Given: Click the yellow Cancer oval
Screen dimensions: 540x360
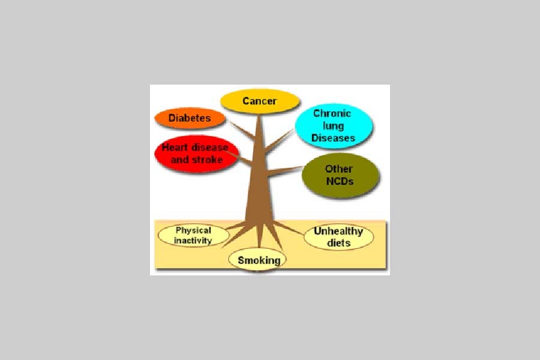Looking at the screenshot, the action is pyautogui.click(x=260, y=101).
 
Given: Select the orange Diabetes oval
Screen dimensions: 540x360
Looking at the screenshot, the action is pyautogui.click(x=190, y=118).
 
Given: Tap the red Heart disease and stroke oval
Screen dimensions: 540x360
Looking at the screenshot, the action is pyautogui.click(x=197, y=154).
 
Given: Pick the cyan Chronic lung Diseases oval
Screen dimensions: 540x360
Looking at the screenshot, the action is pyautogui.click(x=334, y=126).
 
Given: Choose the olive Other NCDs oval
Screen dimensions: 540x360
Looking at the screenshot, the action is pyautogui.click(x=340, y=175).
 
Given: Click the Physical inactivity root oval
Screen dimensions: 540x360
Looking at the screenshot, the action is pyautogui.click(x=194, y=236).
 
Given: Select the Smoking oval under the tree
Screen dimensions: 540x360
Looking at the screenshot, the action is pyautogui.click(x=257, y=260).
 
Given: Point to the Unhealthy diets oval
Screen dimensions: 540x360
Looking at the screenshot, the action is pyautogui.click(x=338, y=237).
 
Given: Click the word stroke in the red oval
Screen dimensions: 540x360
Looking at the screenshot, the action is pyautogui.click(x=207, y=160).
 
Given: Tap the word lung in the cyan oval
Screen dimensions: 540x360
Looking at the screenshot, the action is pyautogui.click(x=333, y=126).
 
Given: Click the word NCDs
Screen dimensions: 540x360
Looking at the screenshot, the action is pyautogui.click(x=340, y=181).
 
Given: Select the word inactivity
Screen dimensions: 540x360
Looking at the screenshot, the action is pyautogui.click(x=193, y=241).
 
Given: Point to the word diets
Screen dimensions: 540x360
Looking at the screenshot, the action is pyautogui.click(x=338, y=243).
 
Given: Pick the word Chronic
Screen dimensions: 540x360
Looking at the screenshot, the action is pyautogui.click(x=332, y=113).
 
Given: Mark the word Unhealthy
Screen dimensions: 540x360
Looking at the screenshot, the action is pyautogui.click(x=338, y=231).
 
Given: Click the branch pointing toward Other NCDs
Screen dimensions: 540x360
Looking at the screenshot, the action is pyautogui.click(x=285, y=171).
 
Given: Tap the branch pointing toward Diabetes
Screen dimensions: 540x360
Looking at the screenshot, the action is pyautogui.click(x=242, y=130).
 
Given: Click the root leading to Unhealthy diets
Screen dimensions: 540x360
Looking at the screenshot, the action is pyautogui.click(x=288, y=228).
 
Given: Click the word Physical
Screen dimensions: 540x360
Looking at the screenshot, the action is pyautogui.click(x=193, y=230).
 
